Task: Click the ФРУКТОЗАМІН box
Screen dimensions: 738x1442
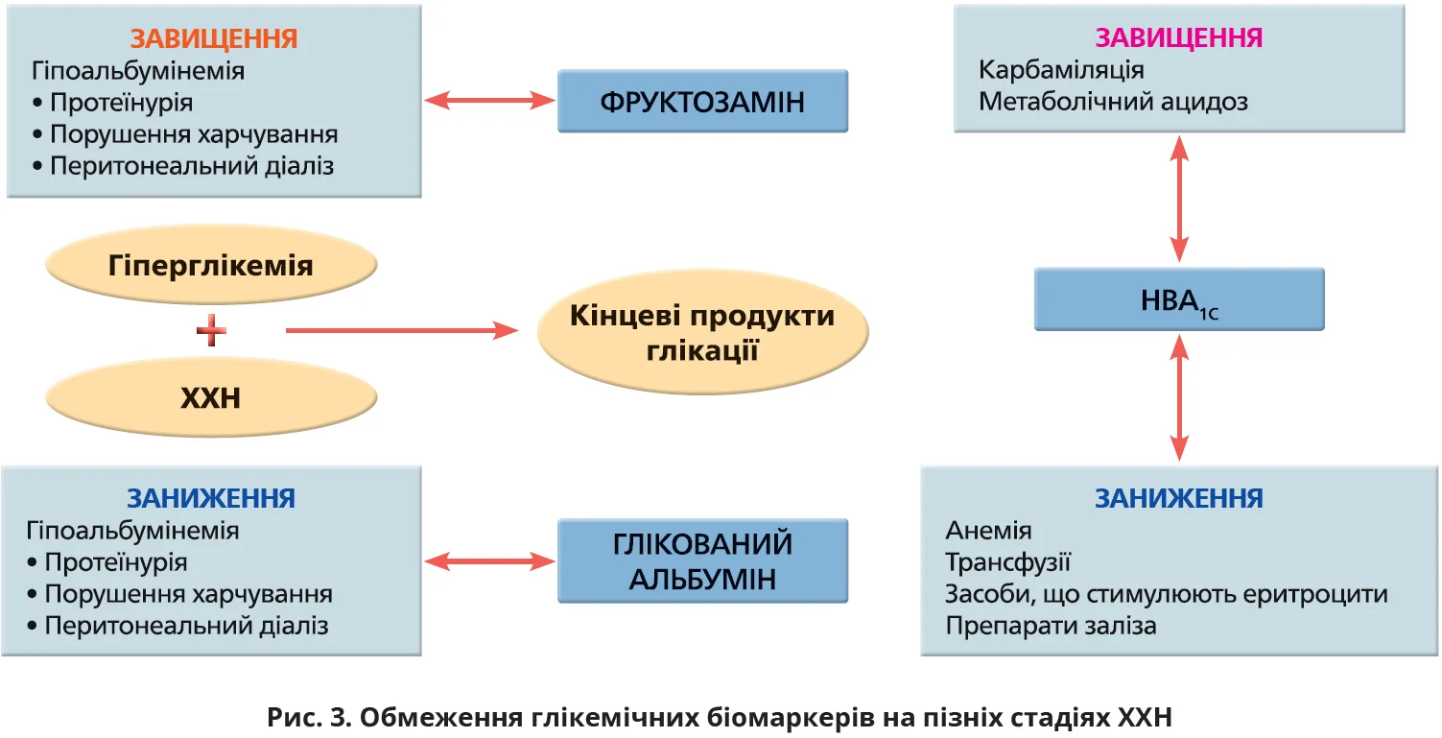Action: tap(702, 101)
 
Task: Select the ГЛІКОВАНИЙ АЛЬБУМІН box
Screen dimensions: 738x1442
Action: tap(702, 561)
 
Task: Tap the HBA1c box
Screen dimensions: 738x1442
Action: tap(1178, 299)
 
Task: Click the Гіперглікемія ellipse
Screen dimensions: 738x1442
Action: tap(210, 265)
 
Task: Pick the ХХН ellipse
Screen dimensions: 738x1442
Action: tap(210, 397)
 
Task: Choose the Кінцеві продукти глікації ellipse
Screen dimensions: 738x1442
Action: tap(702, 332)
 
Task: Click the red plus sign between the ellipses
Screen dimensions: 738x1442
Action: tap(211, 332)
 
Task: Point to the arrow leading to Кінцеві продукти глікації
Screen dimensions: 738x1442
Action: tap(403, 331)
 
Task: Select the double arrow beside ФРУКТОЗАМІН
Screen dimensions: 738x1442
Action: tap(489, 100)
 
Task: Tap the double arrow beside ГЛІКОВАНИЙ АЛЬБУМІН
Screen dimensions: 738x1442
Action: tap(489, 560)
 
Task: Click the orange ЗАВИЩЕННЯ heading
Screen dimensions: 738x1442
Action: tap(214, 38)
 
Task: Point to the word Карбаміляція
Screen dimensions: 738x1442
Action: tap(1061, 70)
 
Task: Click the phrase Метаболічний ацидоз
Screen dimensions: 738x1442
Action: tap(1113, 101)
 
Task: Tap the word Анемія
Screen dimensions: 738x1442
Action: tap(988, 531)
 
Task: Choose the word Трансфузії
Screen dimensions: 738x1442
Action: tap(1007, 562)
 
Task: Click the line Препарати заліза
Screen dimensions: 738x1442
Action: tap(1051, 626)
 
